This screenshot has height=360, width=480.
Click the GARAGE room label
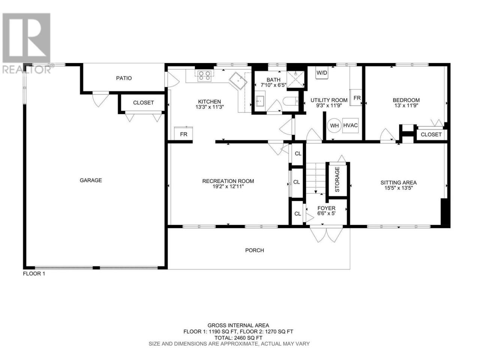pos(90,180)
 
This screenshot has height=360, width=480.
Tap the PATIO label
pos(124,78)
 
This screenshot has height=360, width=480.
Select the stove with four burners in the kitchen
pos(204,76)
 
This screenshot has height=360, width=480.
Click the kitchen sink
pos(238,81)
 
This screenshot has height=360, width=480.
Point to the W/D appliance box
pos(322,73)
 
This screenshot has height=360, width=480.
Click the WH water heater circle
pos(334,126)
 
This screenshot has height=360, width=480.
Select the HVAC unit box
pos(350,125)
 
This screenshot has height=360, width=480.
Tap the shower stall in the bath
pos(295,79)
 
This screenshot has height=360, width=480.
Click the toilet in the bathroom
pos(290,101)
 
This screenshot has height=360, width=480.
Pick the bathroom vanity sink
pos(260,101)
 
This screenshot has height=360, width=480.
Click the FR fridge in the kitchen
pos(183,133)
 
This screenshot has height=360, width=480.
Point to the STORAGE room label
pos(337,180)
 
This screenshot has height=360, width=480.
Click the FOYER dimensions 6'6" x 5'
pos(326,213)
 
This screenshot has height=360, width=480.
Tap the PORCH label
pos(255,250)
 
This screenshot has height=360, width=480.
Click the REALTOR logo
pos(27,43)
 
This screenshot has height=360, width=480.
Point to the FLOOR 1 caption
pos(34,274)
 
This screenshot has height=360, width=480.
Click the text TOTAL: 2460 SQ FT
pos(238,338)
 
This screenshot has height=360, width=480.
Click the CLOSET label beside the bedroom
pos(431,134)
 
